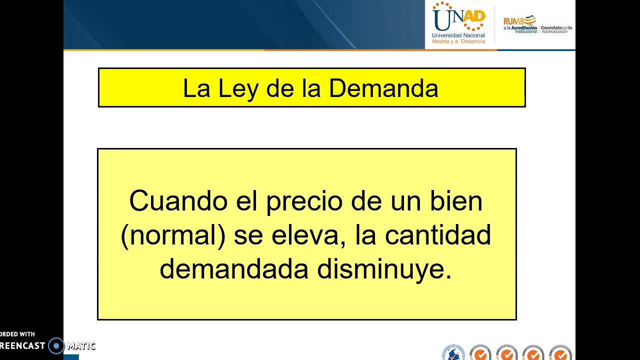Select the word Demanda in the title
[383, 88]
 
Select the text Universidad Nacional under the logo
[458, 35]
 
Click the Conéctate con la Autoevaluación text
[556, 29]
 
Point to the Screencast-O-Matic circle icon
[56, 345]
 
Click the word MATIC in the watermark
[81, 345]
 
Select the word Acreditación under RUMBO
[524, 28]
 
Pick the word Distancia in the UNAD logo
[472, 41]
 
